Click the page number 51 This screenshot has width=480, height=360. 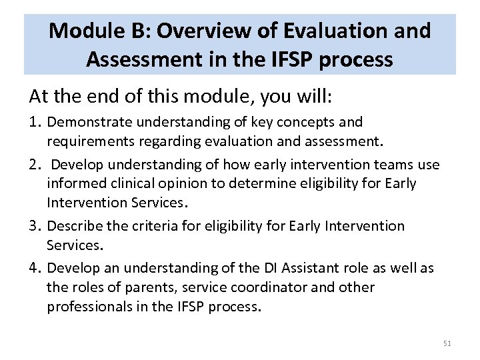(x=447, y=343)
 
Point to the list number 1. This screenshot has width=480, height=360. (x=35, y=122)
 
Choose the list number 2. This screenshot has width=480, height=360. (x=35, y=165)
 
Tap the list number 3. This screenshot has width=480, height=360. (x=35, y=226)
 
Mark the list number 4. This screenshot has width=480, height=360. (x=35, y=269)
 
